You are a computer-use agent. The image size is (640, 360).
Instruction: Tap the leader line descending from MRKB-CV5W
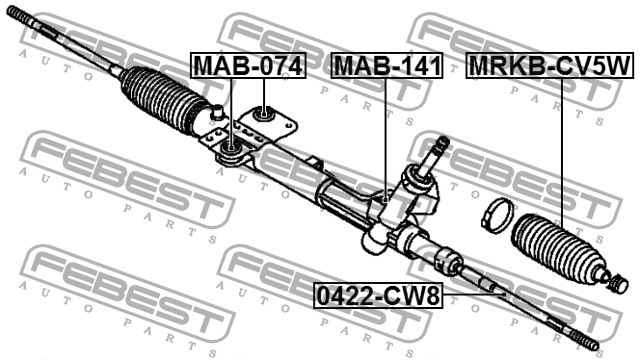(x=560, y=150)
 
